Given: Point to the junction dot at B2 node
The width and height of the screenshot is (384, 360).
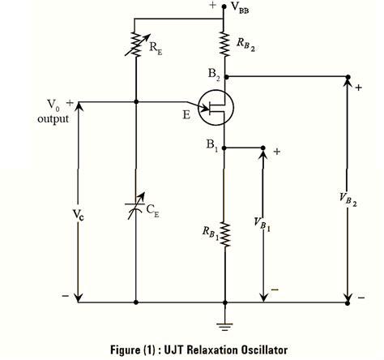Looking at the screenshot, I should pyautogui.click(x=224, y=79).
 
